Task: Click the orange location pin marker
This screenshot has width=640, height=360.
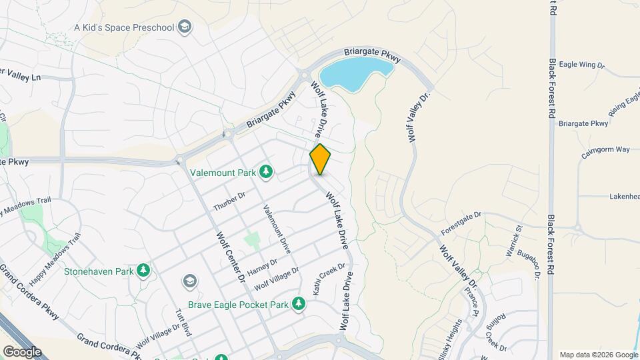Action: pyautogui.click(x=320, y=159)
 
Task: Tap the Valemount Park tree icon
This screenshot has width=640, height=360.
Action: pyautogui.click(x=267, y=172)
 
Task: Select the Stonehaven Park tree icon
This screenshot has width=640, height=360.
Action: pyautogui.click(x=143, y=271)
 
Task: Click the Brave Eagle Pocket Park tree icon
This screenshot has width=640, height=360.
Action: pyautogui.click(x=299, y=304)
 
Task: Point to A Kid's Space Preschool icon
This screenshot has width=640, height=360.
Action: pyautogui.click(x=185, y=27)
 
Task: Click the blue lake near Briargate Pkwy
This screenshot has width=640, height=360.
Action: pyautogui.click(x=353, y=71)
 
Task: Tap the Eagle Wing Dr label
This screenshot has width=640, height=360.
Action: pyautogui.click(x=581, y=65)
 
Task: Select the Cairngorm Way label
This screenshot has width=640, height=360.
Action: pyautogui.click(x=605, y=149)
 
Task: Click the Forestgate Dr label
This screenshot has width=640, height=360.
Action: pyautogui.click(x=461, y=224)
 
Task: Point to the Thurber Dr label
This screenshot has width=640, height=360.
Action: pyautogui.click(x=229, y=201)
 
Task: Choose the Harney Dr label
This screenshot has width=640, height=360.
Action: pyautogui.click(x=261, y=267)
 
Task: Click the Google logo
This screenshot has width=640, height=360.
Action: pyautogui.click(x=22, y=351)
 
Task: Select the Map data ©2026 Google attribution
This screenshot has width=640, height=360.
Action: pyautogui.click(x=597, y=355)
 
